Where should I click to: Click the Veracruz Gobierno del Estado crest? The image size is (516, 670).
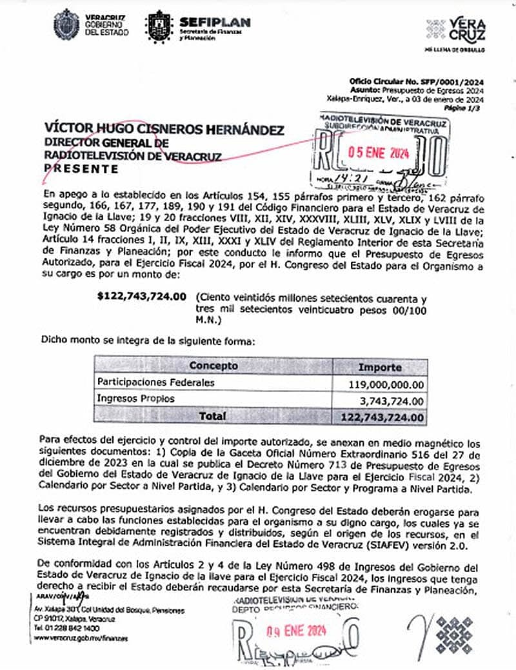pyautogui.click(x=66, y=25)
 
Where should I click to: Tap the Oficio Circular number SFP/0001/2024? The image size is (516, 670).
pyautogui.click(x=416, y=82)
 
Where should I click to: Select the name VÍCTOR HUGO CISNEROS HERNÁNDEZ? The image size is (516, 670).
pyautogui.click(x=164, y=130)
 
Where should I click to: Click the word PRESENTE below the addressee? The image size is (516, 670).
pyautogui.click(x=81, y=169)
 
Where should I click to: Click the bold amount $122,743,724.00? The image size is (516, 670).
pyautogui.click(x=141, y=297)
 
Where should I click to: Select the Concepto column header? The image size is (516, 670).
pyautogui.click(x=213, y=366)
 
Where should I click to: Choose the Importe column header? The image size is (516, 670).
pyautogui.click(x=380, y=367)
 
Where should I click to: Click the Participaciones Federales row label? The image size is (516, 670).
pyautogui.click(x=155, y=382)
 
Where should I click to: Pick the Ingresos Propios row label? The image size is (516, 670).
pyautogui.click(x=135, y=399)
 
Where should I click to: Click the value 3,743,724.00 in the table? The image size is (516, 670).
pyautogui.click(x=390, y=401)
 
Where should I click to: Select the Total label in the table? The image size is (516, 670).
pyautogui.click(x=212, y=417)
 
